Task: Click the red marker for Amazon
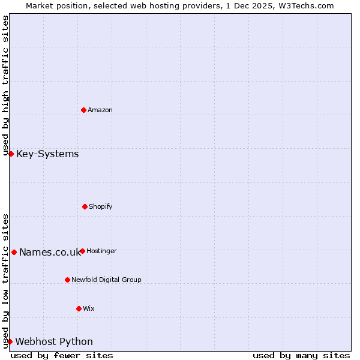pyautogui.click(x=83, y=110)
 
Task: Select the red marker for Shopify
pyautogui.click(x=85, y=206)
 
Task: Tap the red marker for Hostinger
pyautogui.click(x=82, y=251)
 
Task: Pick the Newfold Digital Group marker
pyautogui.click(x=67, y=280)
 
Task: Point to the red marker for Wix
pyautogui.click(x=79, y=308)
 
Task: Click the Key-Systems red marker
pyautogui.click(x=11, y=154)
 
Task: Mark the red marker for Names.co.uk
pyautogui.click(x=14, y=252)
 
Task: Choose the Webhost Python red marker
pyautogui.click(x=10, y=341)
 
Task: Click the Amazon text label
pyautogui.click(x=100, y=110)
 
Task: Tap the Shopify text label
pyautogui.click(x=101, y=206)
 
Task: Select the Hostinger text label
pyautogui.click(x=101, y=251)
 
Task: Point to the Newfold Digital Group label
pyautogui.click(x=106, y=280)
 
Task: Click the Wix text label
pyautogui.click(x=89, y=308)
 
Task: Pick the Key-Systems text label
pyautogui.click(x=47, y=154)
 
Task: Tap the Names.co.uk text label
pyautogui.click(x=50, y=252)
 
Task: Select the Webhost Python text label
pyautogui.click(x=54, y=341)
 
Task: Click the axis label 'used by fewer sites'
pyautogui.click(x=62, y=355)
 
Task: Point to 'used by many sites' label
pyautogui.click(x=301, y=355)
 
